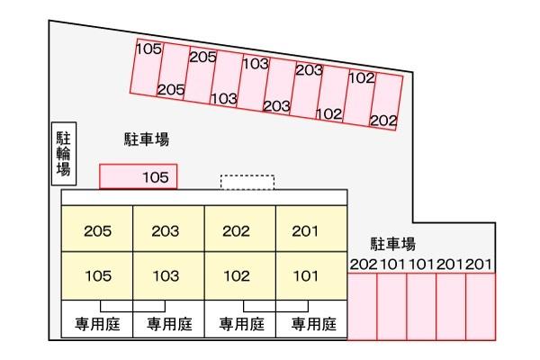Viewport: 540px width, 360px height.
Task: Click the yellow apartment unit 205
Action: click(x=97, y=229)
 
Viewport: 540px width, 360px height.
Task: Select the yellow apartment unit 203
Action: click(x=169, y=229)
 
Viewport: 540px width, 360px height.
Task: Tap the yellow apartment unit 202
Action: click(x=240, y=229)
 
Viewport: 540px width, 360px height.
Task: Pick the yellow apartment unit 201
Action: click(x=311, y=229)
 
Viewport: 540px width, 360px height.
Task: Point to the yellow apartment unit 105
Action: click(x=97, y=275)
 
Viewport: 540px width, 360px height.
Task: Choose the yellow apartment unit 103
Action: click(x=169, y=275)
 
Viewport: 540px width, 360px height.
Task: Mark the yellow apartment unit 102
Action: click(x=240, y=275)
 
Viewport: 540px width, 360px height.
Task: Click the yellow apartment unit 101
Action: click(x=311, y=275)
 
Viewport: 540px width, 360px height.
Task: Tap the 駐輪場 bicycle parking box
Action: click(x=64, y=154)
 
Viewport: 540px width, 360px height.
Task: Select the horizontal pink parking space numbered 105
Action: click(x=138, y=176)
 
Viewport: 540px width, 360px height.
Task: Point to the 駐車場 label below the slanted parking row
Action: click(x=147, y=139)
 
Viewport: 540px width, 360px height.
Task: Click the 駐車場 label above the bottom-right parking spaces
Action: click(x=393, y=244)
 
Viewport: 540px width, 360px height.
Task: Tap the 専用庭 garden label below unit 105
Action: click(x=97, y=324)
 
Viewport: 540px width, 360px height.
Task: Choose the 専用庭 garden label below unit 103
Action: click(x=169, y=324)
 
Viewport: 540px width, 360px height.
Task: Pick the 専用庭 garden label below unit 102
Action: click(x=242, y=324)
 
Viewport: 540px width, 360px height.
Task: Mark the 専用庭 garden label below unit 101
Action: click(x=314, y=324)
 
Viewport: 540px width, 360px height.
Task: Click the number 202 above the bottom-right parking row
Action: click(x=364, y=265)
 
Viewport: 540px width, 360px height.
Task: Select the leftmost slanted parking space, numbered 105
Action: click(x=147, y=67)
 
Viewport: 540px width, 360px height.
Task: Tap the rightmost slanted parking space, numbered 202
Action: click(x=387, y=102)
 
